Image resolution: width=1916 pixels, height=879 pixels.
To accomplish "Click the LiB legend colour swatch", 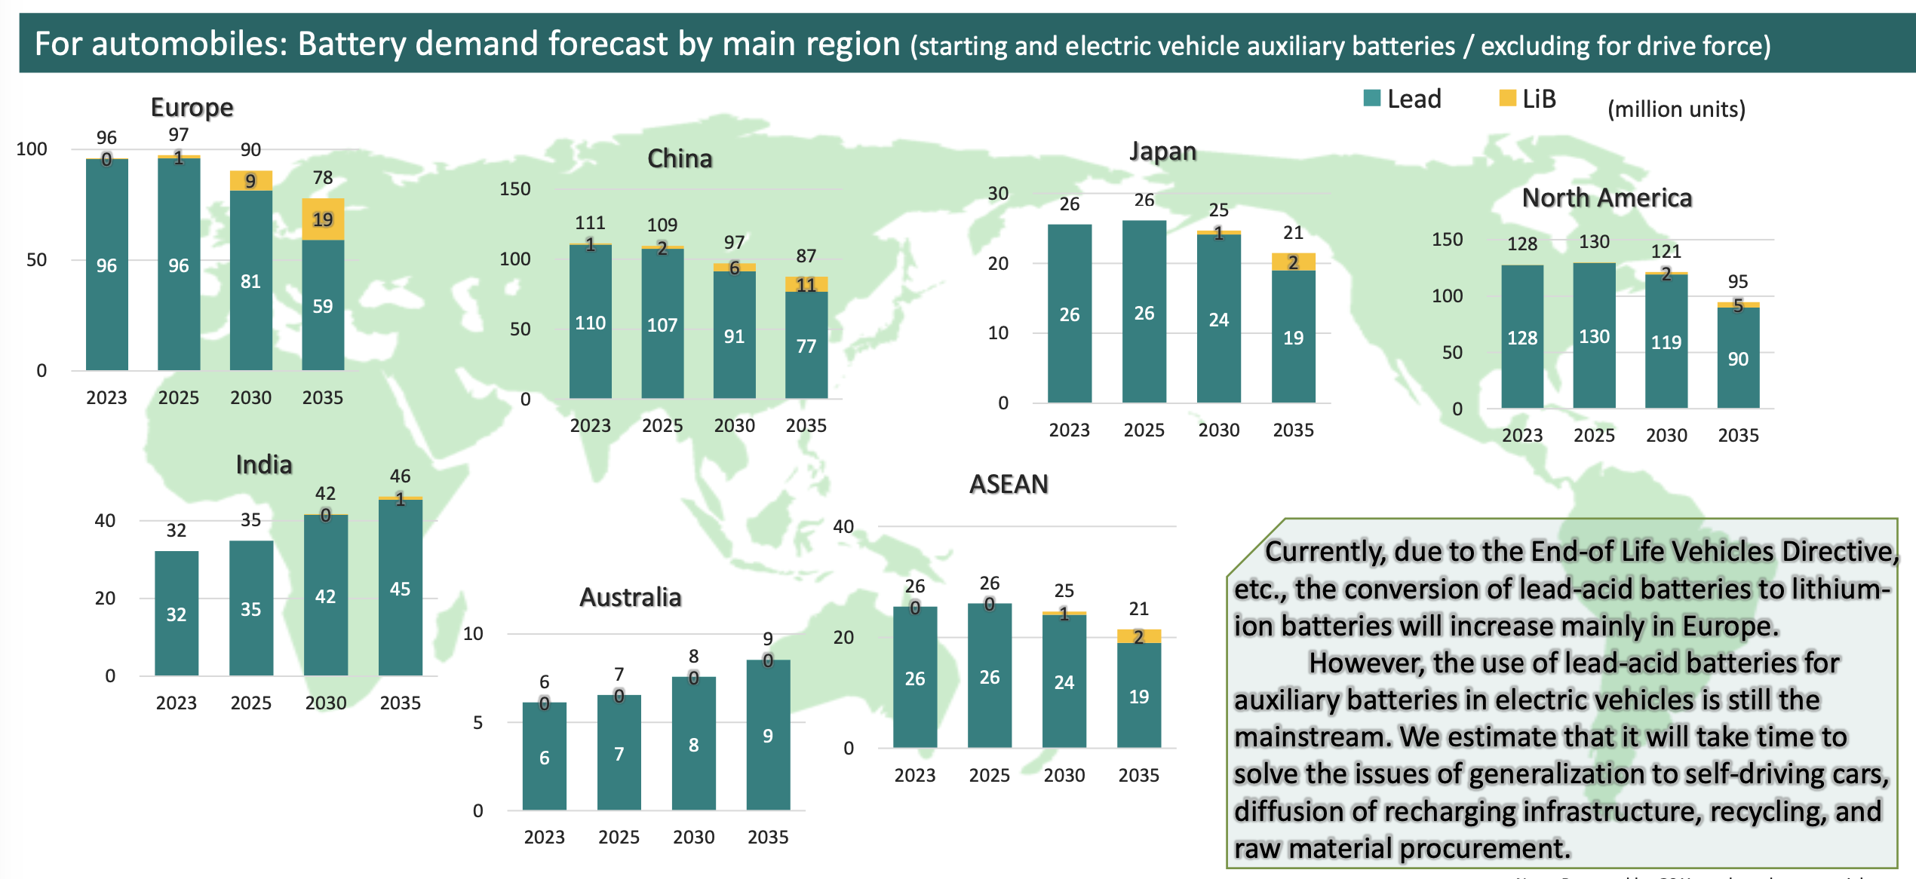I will tap(1507, 98).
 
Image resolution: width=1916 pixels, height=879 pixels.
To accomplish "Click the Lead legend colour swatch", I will tap(1372, 98).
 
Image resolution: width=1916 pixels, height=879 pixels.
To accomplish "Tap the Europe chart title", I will tap(192, 107).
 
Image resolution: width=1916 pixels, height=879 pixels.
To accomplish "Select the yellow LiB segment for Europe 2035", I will tap(323, 219).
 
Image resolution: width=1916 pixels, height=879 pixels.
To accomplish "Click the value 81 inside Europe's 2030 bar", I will tap(250, 281).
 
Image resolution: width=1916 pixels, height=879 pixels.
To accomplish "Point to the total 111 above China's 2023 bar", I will tap(590, 222).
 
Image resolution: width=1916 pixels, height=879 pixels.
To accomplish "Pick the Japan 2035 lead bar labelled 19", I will tap(1293, 336).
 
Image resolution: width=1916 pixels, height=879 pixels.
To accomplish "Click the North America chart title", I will tap(1607, 198).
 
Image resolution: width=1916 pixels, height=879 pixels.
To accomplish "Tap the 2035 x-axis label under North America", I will tap(1738, 435).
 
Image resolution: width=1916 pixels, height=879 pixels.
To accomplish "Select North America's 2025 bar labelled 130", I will tap(1594, 336).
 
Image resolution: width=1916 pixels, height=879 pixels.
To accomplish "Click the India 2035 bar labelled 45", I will tap(400, 588).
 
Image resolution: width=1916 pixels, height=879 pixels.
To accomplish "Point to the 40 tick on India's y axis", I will tap(105, 520).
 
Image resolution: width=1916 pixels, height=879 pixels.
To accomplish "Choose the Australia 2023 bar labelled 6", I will tap(544, 757).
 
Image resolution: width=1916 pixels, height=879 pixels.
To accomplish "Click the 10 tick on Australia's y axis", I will tap(473, 633).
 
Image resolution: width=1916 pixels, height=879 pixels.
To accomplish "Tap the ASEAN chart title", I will tap(1009, 484).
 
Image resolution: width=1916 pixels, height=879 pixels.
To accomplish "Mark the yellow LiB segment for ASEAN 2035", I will tap(1138, 636).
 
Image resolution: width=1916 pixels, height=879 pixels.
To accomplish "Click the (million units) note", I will tap(1676, 109).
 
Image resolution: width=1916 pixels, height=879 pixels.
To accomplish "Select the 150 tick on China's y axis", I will tap(515, 188).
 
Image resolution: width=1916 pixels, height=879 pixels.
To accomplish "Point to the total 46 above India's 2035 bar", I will tap(400, 476).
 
